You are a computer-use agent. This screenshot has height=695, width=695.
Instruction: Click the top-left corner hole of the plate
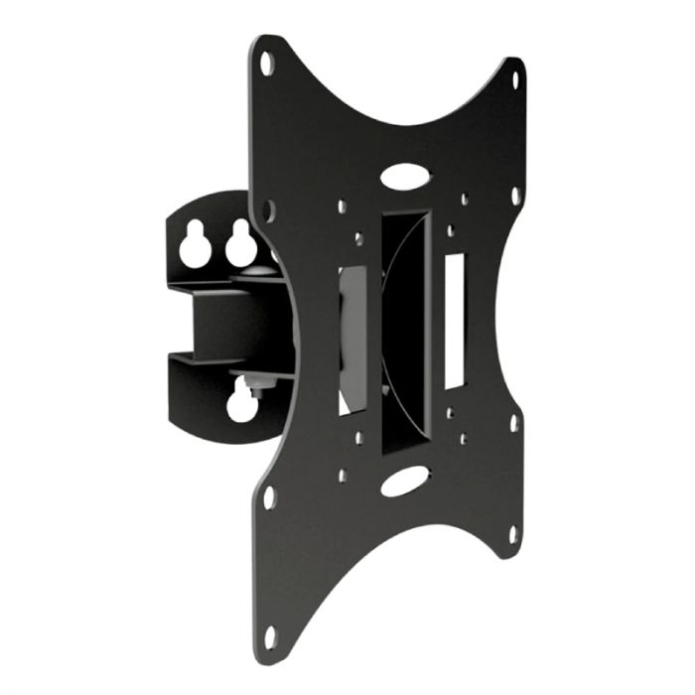pos(266,64)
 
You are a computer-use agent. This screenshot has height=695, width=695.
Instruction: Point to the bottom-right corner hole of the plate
pos(513,533)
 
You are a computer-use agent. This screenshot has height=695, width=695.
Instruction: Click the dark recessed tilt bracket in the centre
pos(402,328)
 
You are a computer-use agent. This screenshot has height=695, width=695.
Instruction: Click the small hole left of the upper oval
pos(342,208)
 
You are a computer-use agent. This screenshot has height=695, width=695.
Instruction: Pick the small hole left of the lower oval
pos(342,476)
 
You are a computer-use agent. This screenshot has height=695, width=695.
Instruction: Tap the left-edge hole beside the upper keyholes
pos(269,210)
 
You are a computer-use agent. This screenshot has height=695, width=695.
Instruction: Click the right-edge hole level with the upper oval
pos(514,195)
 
